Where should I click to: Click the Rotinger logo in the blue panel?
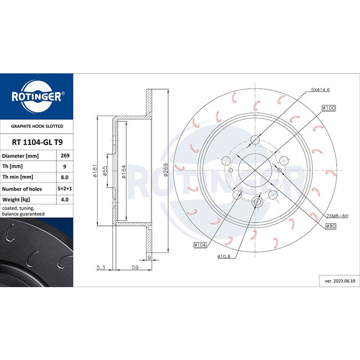coord(36,95)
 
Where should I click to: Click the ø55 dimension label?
coord(105,171)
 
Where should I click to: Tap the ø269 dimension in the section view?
coord(166,171)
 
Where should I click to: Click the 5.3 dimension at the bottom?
coord(100,268)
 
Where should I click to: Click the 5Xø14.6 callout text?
coord(320,90)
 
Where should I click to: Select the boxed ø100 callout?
coord(328,108)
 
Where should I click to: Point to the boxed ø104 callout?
coord(199,244)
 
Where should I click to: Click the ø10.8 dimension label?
coord(224,256)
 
